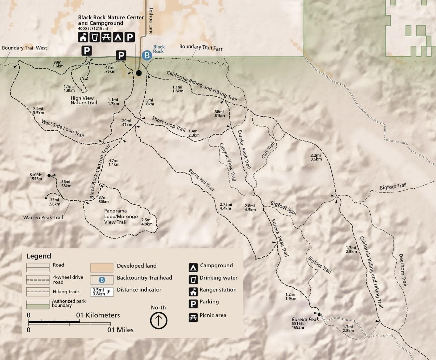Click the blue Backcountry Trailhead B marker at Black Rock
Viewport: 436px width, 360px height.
pyautogui.click(x=147, y=55)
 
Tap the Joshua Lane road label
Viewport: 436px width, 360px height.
pyautogui.click(x=151, y=21)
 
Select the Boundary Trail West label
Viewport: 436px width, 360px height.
pyautogui.click(x=25, y=48)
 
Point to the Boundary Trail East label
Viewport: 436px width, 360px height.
pyautogui.click(x=201, y=47)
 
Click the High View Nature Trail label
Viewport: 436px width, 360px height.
pyautogui.click(x=84, y=100)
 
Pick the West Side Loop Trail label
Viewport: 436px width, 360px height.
pyautogui.click(x=63, y=128)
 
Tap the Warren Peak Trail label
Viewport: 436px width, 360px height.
pyautogui.click(x=43, y=217)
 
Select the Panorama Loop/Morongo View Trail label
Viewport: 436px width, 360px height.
pyautogui.click(x=121, y=216)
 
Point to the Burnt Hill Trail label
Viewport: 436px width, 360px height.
pyautogui.click(x=201, y=180)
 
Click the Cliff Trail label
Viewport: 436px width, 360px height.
pyautogui.click(x=268, y=150)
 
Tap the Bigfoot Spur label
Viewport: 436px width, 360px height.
pyautogui.click(x=284, y=208)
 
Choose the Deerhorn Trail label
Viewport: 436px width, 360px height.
pyautogui.click(x=403, y=270)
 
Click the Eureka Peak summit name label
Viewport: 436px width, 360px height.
pyautogui.click(x=305, y=319)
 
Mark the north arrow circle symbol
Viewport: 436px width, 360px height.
pyautogui.click(x=158, y=320)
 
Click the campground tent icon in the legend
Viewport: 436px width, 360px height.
pyautogui.click(x=193, y=267)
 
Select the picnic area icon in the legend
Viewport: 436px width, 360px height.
pyautogui.click(x=193, y=317)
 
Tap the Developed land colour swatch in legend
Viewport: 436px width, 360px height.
pyautogui.click(x=102, y=267)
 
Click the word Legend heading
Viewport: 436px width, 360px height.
pyautogui.click(x=39, y=256)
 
